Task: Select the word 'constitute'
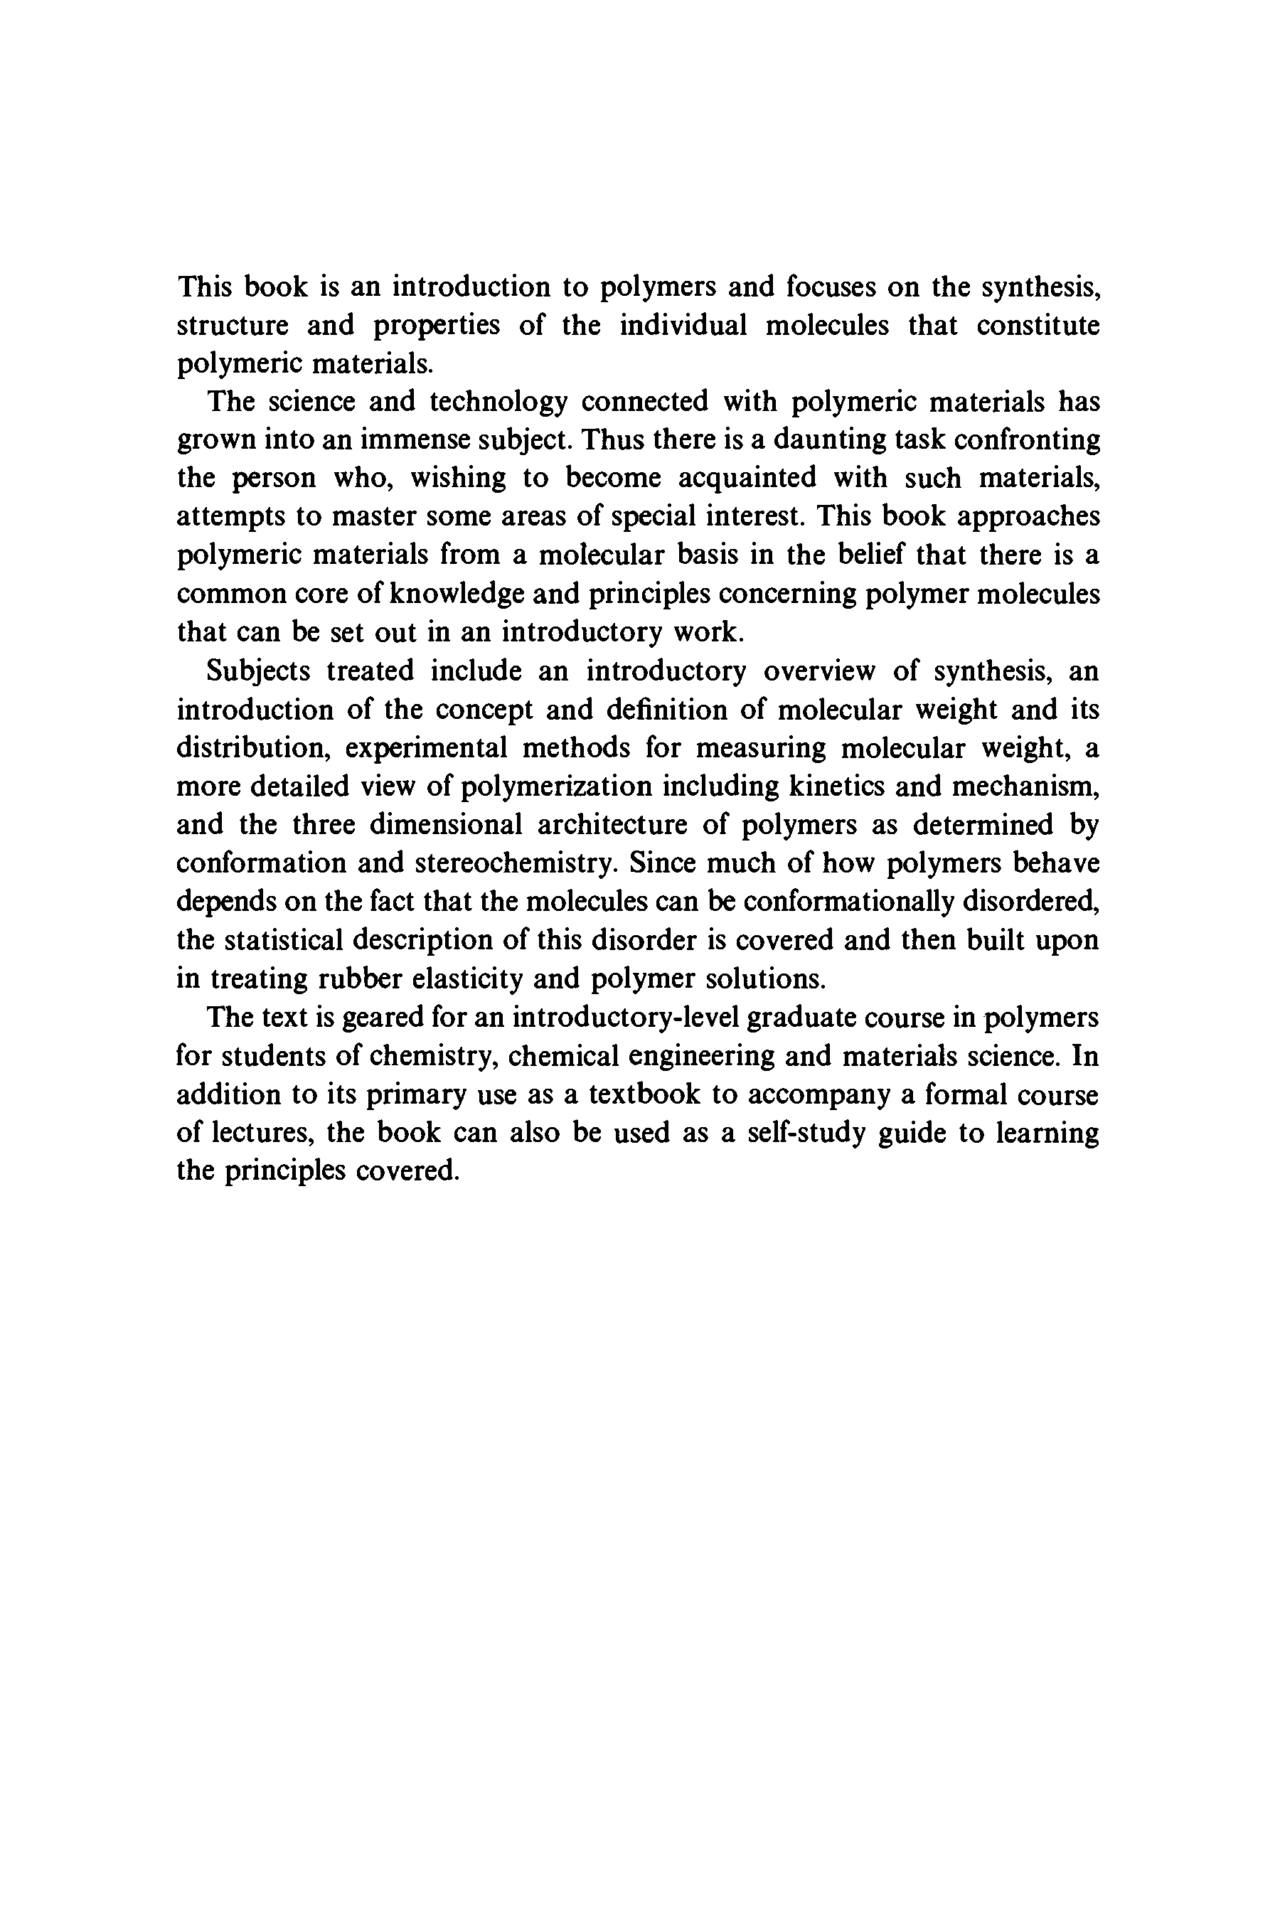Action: pos(1038,325)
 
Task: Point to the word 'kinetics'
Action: pos(833,785)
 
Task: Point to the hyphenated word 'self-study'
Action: pos(806,1132)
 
